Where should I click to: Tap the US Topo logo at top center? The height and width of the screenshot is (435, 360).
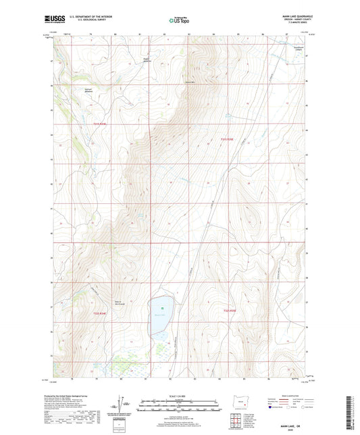(x=179, y=21)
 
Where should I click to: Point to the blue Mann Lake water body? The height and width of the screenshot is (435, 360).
(x=159, y=315)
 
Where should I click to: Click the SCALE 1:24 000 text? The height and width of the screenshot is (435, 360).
(x=179, y=396)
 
